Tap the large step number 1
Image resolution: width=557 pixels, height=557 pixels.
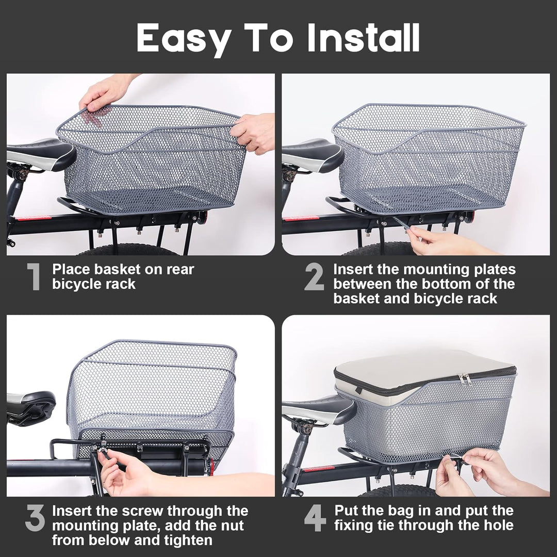click(x=34, y=277)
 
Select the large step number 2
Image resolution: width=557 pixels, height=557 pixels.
click(x=314, y=277)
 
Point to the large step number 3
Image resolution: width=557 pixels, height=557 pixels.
click(x=35, y=518)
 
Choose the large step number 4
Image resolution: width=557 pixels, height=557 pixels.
click(x=315, y=518)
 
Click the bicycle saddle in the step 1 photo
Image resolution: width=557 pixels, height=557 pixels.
click(x=39, y=153)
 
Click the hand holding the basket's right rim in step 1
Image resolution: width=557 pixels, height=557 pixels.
click(x=254, y=133)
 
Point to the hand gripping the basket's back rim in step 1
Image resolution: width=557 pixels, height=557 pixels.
click(x=106, y=93)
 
